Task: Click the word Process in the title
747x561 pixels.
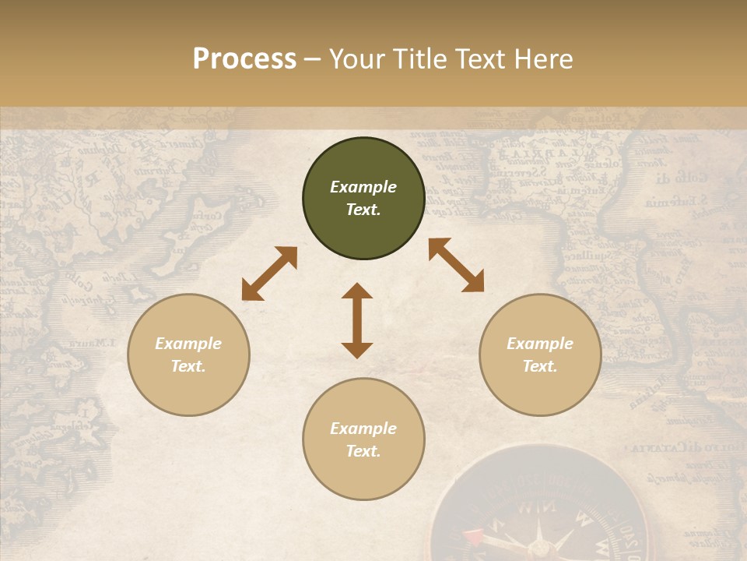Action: [x=244, y=59]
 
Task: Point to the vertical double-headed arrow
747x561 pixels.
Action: [x=357, y=320]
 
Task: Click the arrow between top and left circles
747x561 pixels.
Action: [x=269, y=273]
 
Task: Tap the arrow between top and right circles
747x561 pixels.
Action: [x=456, y=265]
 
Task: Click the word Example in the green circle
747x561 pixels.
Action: [x=363, y=187]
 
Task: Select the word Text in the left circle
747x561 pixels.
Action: [x=188, y=366]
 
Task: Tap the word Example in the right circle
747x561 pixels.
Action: [x=540, y=344]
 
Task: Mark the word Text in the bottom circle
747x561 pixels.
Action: [x=363, y=451]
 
